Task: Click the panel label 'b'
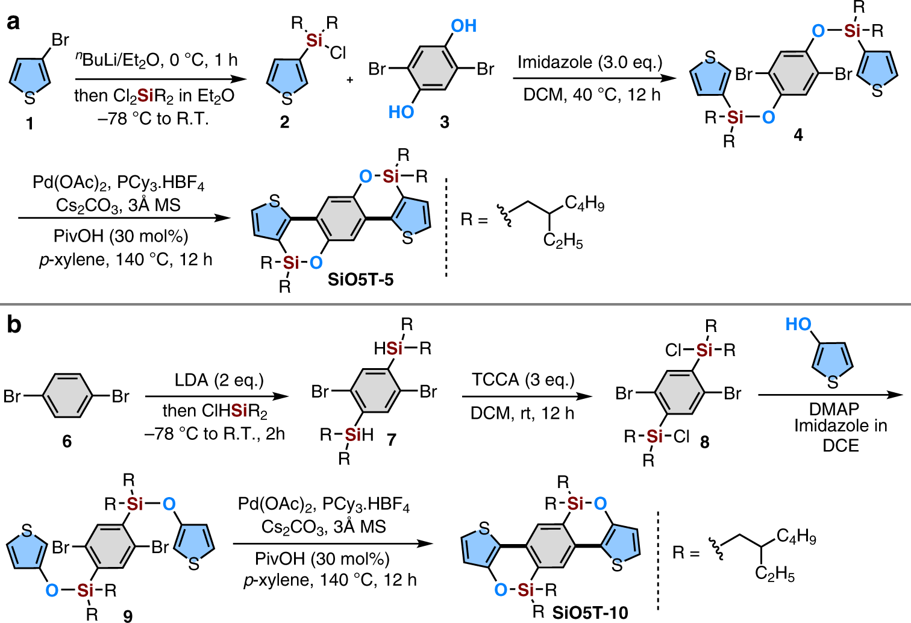coord(13,325)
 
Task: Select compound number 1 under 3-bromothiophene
coord(29,124)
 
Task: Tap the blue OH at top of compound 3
coord(463,26)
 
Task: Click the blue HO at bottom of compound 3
coord(401,112)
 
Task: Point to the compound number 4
coord(798,135)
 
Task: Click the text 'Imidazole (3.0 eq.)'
coord(590,63)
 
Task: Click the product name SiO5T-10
coord(590,612)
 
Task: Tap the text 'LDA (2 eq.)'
coord(219,380)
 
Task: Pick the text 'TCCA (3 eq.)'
coord(523,380)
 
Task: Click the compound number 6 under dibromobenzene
coord(67,442)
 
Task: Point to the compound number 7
coord(392,440)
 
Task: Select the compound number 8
coord(704,442)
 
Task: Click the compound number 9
coord(128,615)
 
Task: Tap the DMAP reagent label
coord(834,409)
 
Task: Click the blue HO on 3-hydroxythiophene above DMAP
coord(798,325)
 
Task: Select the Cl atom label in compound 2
coord(338,54)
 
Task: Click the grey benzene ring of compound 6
coord(67,396)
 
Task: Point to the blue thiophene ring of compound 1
coord(30,74)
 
